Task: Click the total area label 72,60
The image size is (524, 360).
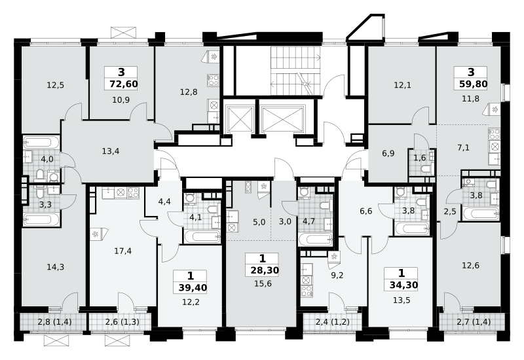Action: pyautogui.click(x=124, y=84)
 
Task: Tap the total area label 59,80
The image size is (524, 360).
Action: pyautogui.click(x=473, y=84)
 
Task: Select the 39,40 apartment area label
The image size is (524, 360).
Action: pyautogui.click(x=193, y=287)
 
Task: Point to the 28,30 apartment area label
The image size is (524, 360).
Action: pyautogui.click(x=265, y=270)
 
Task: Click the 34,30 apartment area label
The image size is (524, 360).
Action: pyautogui.click(x=403, y=285)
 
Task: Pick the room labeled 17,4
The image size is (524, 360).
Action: pyautogui.click(x=122, y=251)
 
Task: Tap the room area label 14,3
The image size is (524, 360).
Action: pyautogui.click(x=56, y=267)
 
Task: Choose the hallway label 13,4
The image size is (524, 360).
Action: pyautogui.click(x=111, y=151)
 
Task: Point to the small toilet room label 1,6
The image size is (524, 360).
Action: pyautogui.click(x=420, y=158)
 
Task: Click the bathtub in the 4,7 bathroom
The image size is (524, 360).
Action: pyautogui.click(x=316, y=240)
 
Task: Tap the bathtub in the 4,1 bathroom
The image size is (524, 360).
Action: pyautogui.click(x=202, y=236)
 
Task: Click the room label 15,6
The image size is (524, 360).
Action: pyautogui.click(x=263, y=284)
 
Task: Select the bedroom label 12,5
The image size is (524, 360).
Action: pyautogui.click(x=55, y=85)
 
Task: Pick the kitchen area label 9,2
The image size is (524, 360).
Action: pyautogui.click(x=337, y=276)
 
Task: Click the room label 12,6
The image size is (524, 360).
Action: pyautogui.click(x=470, y=266)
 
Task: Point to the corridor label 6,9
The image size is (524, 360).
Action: pyautogui.click(x=388, y=154)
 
